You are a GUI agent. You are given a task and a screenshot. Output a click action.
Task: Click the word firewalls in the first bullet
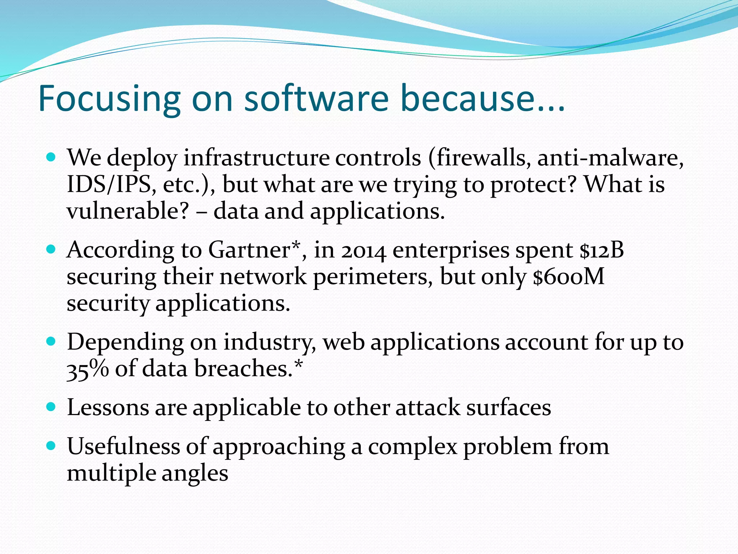coord(479,158)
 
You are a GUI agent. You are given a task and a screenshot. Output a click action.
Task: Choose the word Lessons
coord(108,408)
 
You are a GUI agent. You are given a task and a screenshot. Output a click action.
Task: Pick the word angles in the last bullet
coord(195,474)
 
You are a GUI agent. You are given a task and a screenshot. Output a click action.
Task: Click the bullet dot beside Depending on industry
coord(51,341)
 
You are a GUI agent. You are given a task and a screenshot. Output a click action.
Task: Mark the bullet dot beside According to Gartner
coord(51,249)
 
